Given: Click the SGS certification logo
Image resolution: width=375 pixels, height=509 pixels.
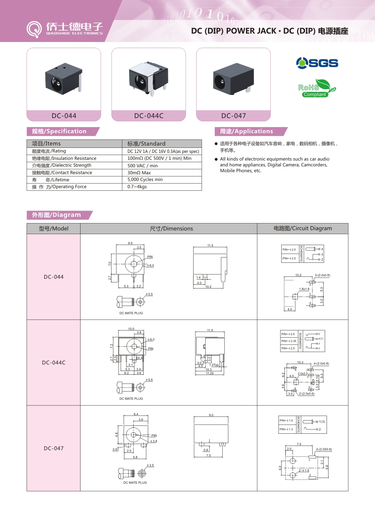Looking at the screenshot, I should point(317,63).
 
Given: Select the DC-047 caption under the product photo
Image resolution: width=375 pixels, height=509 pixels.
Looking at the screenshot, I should point(233,116).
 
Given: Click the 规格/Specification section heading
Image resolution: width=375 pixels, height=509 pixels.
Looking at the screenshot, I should point(59,131).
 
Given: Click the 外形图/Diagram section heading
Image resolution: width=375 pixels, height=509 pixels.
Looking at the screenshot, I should point(56,215).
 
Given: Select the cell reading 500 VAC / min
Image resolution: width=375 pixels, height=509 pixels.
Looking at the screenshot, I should point(143,166).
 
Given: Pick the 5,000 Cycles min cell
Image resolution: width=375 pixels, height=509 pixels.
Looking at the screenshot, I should point(145,180).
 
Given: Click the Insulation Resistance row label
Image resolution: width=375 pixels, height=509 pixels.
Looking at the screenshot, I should point(64,158).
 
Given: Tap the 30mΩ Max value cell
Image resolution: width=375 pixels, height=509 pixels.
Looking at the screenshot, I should point(139,173).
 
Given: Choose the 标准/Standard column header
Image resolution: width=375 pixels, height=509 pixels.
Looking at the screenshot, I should point(146,144).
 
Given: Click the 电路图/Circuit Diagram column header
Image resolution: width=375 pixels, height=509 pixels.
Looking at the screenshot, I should point(302,228).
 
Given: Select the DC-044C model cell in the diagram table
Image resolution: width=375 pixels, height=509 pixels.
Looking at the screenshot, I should point(54,363).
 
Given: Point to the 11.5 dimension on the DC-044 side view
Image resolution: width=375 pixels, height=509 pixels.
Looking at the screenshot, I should point(210,245).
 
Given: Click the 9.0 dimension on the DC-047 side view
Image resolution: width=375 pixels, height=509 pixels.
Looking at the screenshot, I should point(211,415).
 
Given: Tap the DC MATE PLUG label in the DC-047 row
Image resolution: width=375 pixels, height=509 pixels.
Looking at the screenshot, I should point(135,483).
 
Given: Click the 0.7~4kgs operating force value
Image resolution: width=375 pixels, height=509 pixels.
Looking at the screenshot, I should point(137,187).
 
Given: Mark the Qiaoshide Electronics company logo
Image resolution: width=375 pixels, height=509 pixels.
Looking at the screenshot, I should point(65,29).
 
